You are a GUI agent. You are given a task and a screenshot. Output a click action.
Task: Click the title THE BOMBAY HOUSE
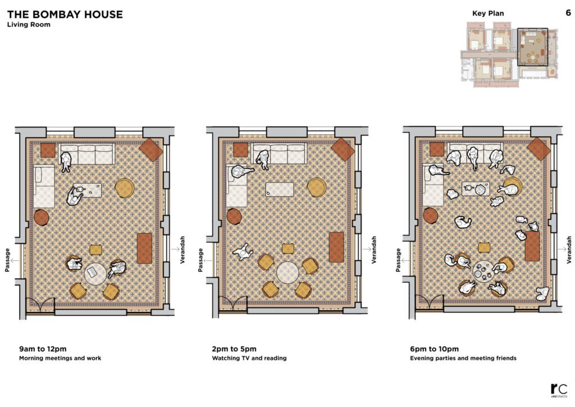(x=65, y=14)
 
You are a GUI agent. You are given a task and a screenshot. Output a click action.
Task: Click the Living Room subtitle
(x=29, y=25)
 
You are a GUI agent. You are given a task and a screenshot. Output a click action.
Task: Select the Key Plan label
(x=488, y=13)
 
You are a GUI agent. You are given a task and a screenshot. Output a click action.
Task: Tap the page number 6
(x=568, y=13)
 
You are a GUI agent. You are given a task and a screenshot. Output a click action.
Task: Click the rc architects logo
(x=559, y=391)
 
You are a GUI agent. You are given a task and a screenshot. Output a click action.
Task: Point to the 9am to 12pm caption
(x=43, y=349)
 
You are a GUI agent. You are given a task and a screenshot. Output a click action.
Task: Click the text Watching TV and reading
(x=249, y=358)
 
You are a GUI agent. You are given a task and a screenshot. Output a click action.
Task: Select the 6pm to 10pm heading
(x=434, y=349)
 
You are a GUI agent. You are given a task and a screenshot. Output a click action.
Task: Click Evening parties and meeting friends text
(x=463, y=358)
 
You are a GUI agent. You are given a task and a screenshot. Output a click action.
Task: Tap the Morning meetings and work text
(x=60, y=358)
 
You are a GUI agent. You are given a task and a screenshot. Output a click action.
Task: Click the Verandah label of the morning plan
(x=182, y=250)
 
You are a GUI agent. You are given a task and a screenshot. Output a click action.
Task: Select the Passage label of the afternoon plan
(x=200, y=260)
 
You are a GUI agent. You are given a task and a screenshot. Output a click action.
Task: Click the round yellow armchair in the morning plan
(x=125, y=188)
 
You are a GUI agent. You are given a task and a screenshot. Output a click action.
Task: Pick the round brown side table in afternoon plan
(x=234, y=216)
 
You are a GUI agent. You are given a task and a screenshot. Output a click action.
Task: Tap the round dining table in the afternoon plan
(x=287, y=272)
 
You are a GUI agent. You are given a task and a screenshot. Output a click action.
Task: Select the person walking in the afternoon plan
(x=243, y=252)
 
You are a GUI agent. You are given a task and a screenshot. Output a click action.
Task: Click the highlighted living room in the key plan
(x=533, y=47)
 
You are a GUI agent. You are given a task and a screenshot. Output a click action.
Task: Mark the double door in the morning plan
(x=41, y=304)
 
